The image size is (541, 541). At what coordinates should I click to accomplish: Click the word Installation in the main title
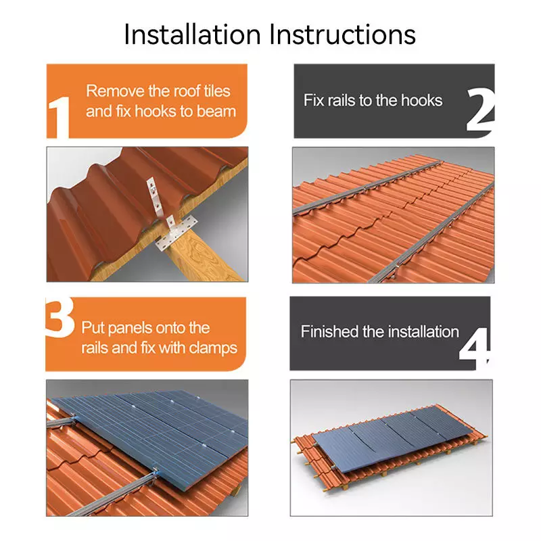point(192,34)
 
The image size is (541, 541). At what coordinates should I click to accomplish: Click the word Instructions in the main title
point(342,34)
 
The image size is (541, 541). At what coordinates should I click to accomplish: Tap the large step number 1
point(59,118)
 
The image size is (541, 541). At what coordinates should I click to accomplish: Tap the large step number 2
point(480,110)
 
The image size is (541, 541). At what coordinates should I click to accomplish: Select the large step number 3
point(60,317)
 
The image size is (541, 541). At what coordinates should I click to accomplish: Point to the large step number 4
point(475,348)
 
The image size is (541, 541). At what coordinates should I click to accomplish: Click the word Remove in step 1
point(115,91)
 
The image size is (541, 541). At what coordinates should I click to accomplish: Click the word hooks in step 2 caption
point(421,100)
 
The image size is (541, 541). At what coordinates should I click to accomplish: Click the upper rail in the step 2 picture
point(367,187)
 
